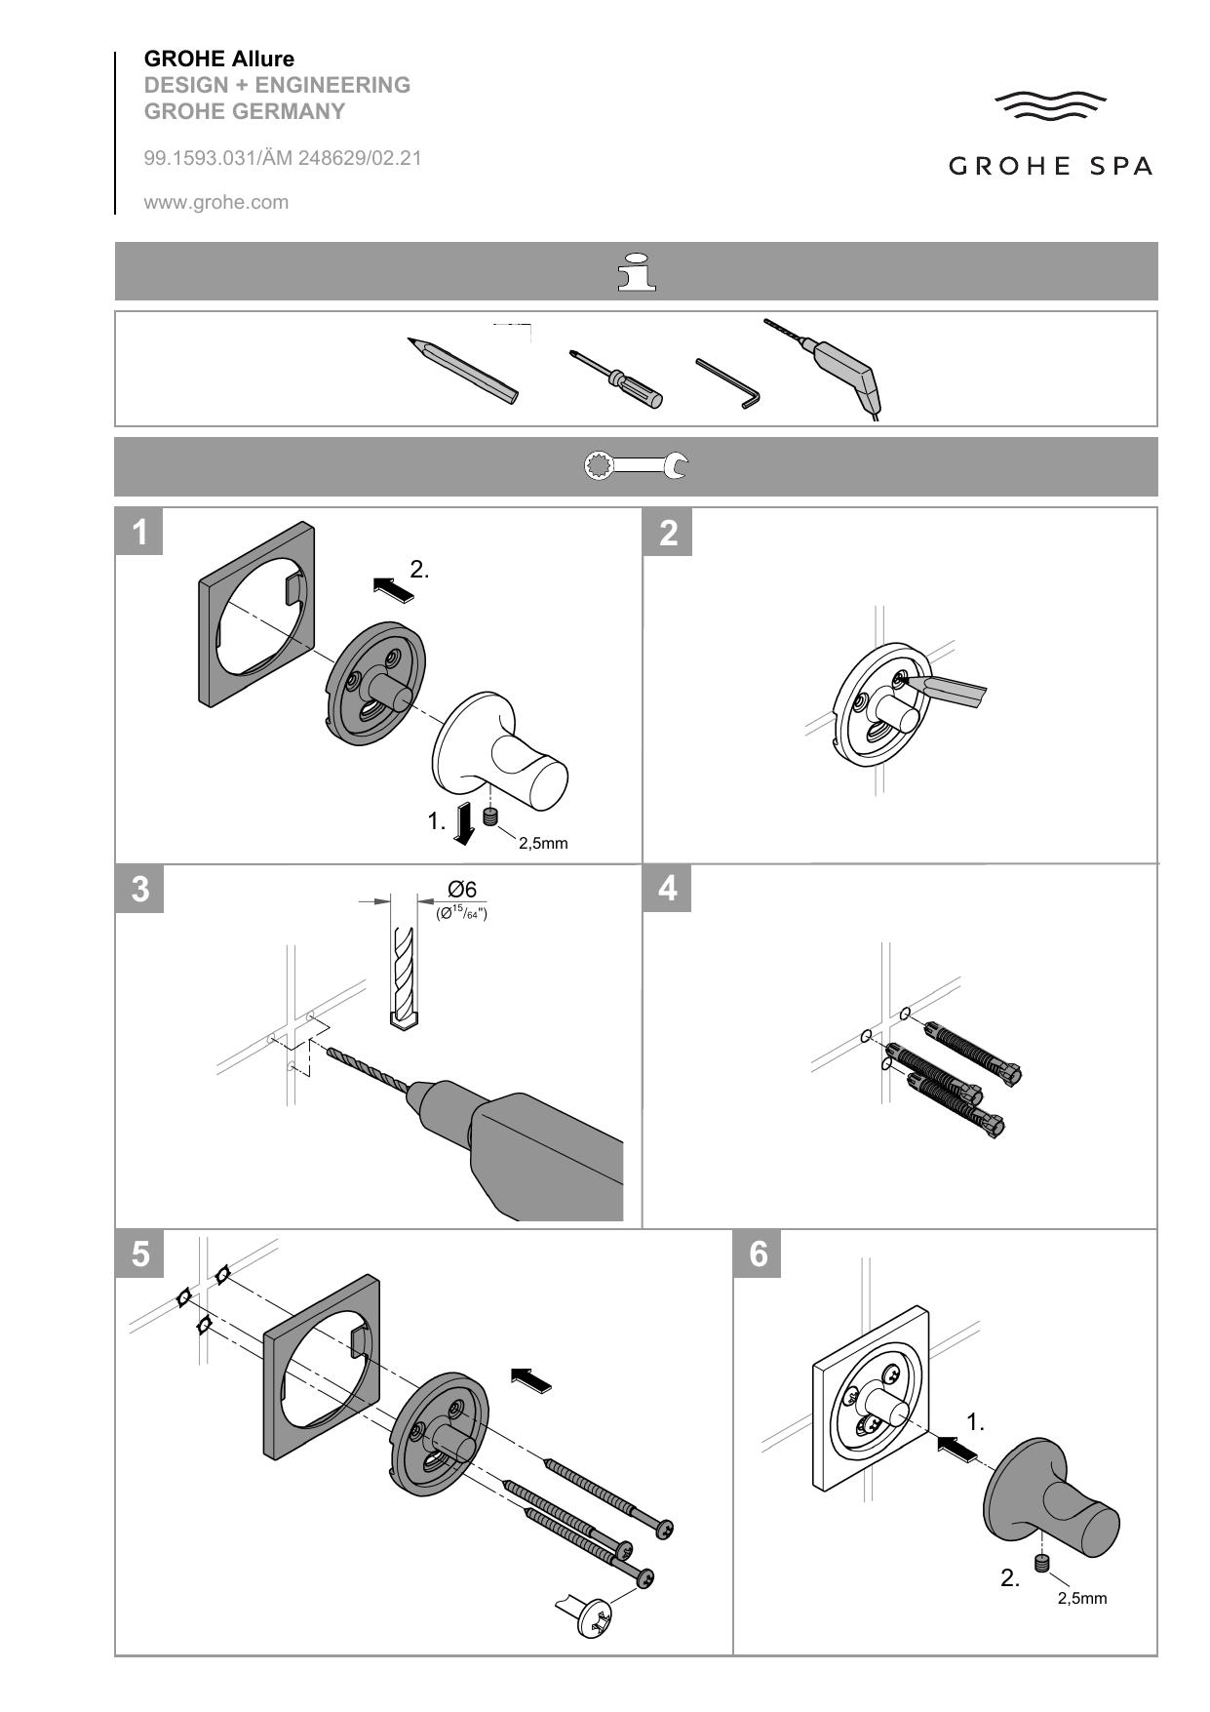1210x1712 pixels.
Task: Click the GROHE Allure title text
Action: (218, 60)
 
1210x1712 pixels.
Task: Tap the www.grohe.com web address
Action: (216, 203)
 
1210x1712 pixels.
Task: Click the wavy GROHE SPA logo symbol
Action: (1050, 105)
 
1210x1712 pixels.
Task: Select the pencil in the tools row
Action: (463, 371)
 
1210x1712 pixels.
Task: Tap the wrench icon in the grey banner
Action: (636, 466)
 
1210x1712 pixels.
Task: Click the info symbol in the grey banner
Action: (637, 271)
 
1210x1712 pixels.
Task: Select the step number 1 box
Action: (139, 532)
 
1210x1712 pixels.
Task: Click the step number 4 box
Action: (668, 889)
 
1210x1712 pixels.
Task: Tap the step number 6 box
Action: (758, 1254)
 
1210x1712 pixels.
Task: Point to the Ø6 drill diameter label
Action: (462, 889)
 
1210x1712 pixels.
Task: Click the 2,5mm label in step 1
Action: (543, 843)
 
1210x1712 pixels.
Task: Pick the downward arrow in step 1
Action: (465, 822)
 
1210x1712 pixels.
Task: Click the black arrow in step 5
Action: (531, 1379)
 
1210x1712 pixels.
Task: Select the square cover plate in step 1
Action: (258, 616)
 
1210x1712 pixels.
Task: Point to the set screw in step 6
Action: (1042, 1567)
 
